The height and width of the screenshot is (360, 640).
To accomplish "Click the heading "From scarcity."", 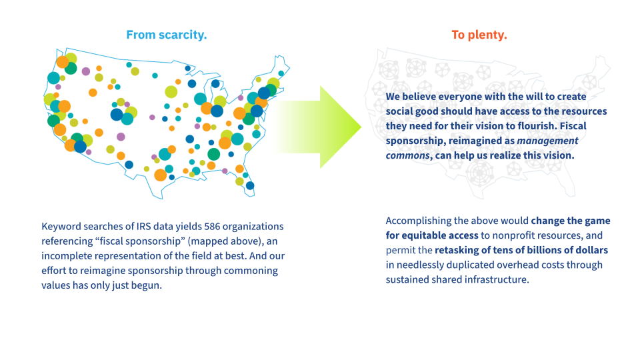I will [x=166, y=35].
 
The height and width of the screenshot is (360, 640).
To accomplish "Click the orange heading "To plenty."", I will [x=479, y=35].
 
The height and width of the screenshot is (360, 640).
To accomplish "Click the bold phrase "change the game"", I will [x=571, y=221].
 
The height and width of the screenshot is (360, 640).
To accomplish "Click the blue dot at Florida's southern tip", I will [x=250, y=185].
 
